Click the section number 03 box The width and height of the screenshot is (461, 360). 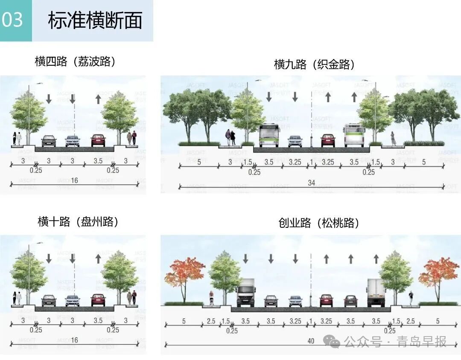[15, 20]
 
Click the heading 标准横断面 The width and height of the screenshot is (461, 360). [95, 21]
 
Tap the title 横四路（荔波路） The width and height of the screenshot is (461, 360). [75, 61]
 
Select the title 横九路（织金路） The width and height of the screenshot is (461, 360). [314, 64]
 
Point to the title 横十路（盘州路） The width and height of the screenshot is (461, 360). [78, 222]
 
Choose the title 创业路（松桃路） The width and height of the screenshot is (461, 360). [318, 223]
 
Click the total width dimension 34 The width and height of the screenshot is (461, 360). [312, 183]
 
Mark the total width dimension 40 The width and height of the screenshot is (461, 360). [311, 341]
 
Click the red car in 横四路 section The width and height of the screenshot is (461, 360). [98, 140]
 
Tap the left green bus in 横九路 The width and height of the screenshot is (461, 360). [269, 135]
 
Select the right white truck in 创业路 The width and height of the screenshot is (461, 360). [376, 293]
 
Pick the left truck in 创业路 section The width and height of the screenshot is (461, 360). [245, 293]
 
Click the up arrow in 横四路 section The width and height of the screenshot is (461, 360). [98, 99]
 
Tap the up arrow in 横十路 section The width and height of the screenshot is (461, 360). [98, 258]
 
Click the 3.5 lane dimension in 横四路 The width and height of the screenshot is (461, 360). [97, 161]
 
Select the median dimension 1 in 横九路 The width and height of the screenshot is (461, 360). [311, 162]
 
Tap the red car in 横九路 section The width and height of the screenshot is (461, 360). [328, 140]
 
